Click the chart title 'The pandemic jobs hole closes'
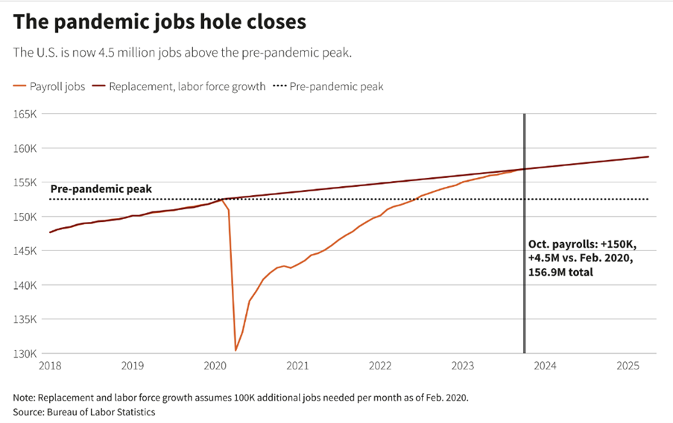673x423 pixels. click(x=159, y=22)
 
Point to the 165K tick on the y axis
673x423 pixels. click(x=25, y=114)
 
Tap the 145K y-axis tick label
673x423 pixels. click(x=25, y=251)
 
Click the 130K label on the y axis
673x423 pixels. click(x=25, y=354)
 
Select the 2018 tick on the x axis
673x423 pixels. click(x=50, y=366)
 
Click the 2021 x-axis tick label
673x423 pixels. click(x=298, y=366)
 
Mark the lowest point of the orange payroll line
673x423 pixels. click(x=236, y=350)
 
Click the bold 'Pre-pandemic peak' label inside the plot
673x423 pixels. click(x=101, y=189)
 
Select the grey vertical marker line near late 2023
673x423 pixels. click(x=524, y=298)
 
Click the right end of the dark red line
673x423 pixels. click(x=648, y=156)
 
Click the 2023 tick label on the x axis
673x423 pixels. click(x=463, y=366)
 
